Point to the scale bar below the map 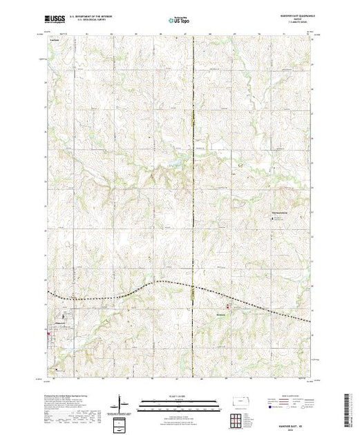tap(180, 402)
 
